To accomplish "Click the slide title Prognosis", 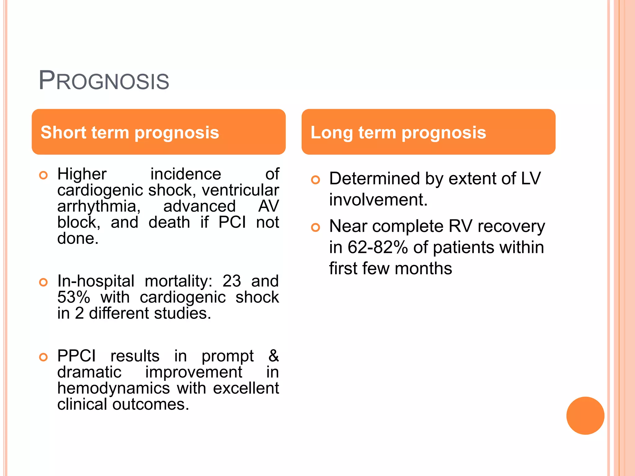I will [x=104, y=81].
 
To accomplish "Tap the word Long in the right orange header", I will [x=331, y=133].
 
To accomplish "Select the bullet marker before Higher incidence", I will [x=43, y=175].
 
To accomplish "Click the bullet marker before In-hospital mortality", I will [x=43, y=282].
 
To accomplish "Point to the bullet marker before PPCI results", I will [x=43, y=357].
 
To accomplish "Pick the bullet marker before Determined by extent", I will [x=315, y=180].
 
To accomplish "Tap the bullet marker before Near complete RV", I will [x=315, y=227].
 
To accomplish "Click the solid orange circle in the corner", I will [x=585, y=416].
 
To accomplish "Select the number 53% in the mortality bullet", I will [x=74, y=297].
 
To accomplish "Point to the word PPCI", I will [x=77, y=356].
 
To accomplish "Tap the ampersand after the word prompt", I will [x=273, y=356].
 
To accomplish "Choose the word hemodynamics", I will [x=113, y=388].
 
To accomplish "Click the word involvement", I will [x=378, y=200].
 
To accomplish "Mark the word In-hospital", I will [x=96, y=281].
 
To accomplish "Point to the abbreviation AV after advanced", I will [x=269, y=206].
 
